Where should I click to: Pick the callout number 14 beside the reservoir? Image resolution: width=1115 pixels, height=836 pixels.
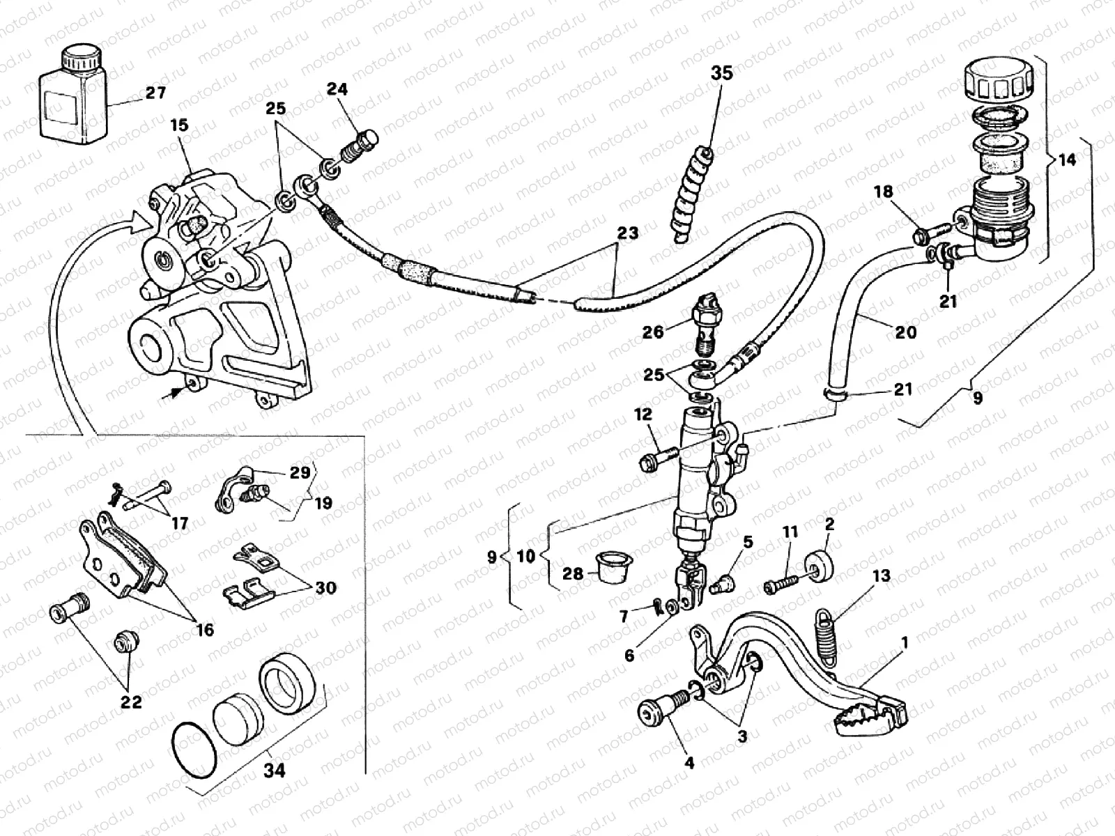pos(1066,160)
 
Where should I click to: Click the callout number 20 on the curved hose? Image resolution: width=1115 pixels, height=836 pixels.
pos(905,332)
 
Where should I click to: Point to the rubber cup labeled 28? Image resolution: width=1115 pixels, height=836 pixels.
pos(613,569)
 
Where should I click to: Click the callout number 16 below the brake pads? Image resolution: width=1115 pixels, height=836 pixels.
pos(205,630)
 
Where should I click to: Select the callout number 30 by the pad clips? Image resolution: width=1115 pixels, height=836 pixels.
pos(324,588)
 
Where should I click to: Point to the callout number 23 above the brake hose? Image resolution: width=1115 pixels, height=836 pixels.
pos(627,233)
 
